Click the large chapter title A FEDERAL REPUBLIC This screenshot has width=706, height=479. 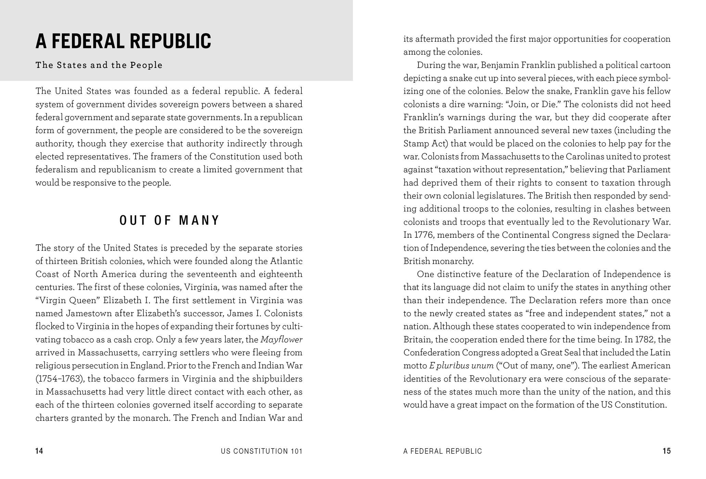click(x=123, y=41)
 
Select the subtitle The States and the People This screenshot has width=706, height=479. click(x=99, y=65)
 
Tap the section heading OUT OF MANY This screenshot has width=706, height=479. click(x=169, y=220)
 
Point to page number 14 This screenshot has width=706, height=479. click(x=39, y=451)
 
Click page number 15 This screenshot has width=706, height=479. click(x=666, y=451)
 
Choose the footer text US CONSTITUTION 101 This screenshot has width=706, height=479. click(x=262, y=451)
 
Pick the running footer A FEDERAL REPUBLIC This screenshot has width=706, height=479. click(x=442, y=451)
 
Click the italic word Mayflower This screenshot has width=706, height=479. click(x=281, y=340)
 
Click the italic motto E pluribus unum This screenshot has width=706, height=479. click(x=461, y=366)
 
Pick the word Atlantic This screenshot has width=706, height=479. click(x=286, y=261)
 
